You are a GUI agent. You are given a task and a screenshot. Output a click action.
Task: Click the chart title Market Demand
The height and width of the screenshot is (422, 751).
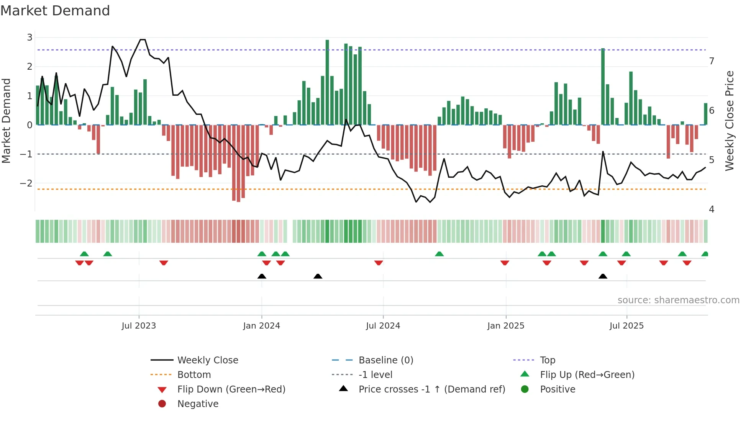click(55, 11)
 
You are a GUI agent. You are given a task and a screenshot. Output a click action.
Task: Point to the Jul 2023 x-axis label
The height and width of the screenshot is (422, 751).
click(139, 326)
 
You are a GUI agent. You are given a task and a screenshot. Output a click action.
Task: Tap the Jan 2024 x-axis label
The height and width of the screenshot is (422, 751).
click(261, 326)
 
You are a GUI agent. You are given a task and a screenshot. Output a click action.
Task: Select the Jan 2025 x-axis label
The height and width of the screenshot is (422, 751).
click(505, 326)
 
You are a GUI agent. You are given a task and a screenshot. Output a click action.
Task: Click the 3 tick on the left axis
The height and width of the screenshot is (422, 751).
click(30, 38)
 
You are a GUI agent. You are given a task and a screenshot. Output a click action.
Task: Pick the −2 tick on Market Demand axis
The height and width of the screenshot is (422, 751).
click(26, 183)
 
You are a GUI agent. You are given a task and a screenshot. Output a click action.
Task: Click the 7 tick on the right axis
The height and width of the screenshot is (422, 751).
click(712, 61)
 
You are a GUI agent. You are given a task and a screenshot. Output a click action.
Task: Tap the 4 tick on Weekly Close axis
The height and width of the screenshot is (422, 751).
click(712, 209)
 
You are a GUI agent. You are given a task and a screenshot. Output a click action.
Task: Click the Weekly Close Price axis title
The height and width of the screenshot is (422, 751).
click(730, 121)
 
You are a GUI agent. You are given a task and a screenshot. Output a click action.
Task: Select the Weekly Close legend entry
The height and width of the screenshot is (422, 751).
click(207, 360)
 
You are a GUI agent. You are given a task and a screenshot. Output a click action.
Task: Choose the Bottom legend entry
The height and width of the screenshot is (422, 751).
click(194, 375)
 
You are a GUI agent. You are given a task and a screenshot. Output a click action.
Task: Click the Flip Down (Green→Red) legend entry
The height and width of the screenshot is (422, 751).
click(231, 389)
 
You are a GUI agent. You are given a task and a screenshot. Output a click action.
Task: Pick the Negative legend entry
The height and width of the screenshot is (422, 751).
click(198, 404)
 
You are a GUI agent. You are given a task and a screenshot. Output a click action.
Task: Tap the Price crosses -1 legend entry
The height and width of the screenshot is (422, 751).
click(431, 389)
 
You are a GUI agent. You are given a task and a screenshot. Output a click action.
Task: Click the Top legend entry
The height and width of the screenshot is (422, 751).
click(548, 360)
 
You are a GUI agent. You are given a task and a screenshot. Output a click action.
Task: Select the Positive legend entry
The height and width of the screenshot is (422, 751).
click(558, 389)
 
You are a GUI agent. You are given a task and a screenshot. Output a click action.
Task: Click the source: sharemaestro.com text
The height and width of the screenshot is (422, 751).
click(678, 300)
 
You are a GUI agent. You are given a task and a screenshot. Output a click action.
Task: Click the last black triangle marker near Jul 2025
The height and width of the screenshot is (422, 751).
click(603, 276)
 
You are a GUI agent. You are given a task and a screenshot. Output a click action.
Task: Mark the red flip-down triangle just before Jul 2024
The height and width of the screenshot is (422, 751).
click(379, 263)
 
